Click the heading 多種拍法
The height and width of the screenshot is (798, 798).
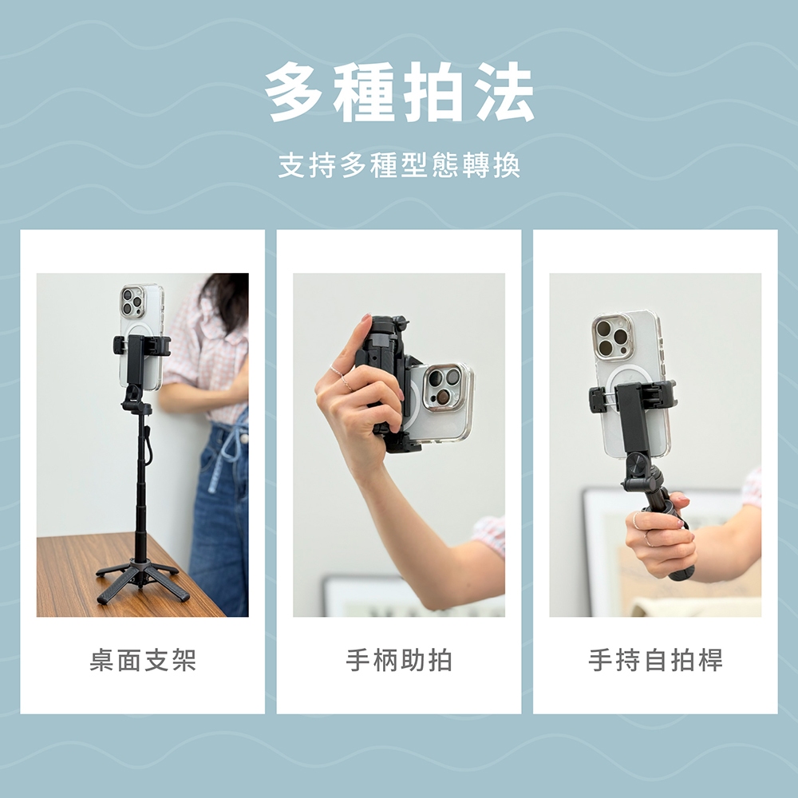(x=400, y=92)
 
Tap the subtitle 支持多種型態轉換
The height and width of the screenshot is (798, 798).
(x=400, y=165)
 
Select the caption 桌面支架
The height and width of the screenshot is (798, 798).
(x=143, y=661)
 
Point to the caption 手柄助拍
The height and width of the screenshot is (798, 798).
(x=399, y=661)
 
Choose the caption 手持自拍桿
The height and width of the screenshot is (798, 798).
(x=655, y=661)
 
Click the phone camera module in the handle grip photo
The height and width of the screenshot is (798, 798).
(x=442, y=386)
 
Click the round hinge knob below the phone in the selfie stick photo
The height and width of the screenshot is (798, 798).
(x=636, y=464)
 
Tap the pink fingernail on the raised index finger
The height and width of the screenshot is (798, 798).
(x=365, y=321)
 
